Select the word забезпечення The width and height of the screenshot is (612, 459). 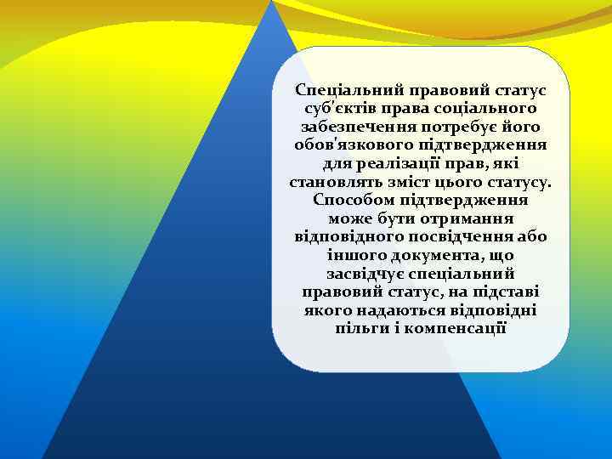pyautogui.click(x=350, y=127)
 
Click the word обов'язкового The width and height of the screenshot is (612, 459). pyautogui.click(x=348, y=145)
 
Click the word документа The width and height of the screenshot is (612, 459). pyautogui.click(x=435, y=256)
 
